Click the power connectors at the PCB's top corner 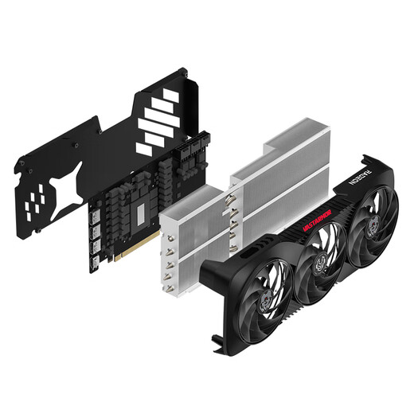point(193,146)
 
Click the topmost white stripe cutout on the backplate point(167,97)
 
